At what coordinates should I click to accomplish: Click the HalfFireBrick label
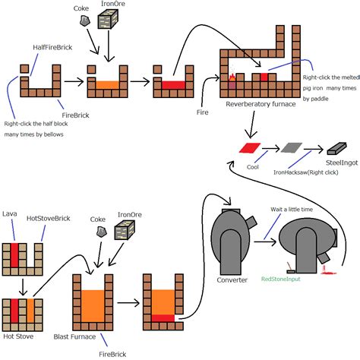[52, 47]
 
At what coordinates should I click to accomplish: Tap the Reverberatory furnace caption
[261, 104]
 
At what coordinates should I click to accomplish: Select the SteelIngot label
[342, 163]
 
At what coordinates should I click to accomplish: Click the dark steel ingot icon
[336, 149]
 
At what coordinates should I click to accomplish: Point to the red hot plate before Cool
[250, 148]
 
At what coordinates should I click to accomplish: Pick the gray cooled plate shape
[292, 148]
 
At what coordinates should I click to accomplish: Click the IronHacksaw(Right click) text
[306, 172]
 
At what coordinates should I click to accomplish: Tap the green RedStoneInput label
[281, 279]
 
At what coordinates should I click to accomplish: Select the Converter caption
[232, 280]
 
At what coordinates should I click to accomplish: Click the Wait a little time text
[292, 210]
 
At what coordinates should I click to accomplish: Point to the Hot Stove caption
[18, 336]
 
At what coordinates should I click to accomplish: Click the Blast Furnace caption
[74, 336]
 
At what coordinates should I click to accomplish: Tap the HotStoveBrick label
[49, 218]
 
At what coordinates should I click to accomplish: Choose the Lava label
[10, 213]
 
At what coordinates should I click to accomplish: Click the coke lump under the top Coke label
[85, 21]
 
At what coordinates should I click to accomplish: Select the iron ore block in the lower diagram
[125, 230]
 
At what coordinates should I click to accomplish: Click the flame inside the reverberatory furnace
[232, 77]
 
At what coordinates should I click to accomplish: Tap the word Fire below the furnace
[203, 112]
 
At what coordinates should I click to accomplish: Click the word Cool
[253, 167]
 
